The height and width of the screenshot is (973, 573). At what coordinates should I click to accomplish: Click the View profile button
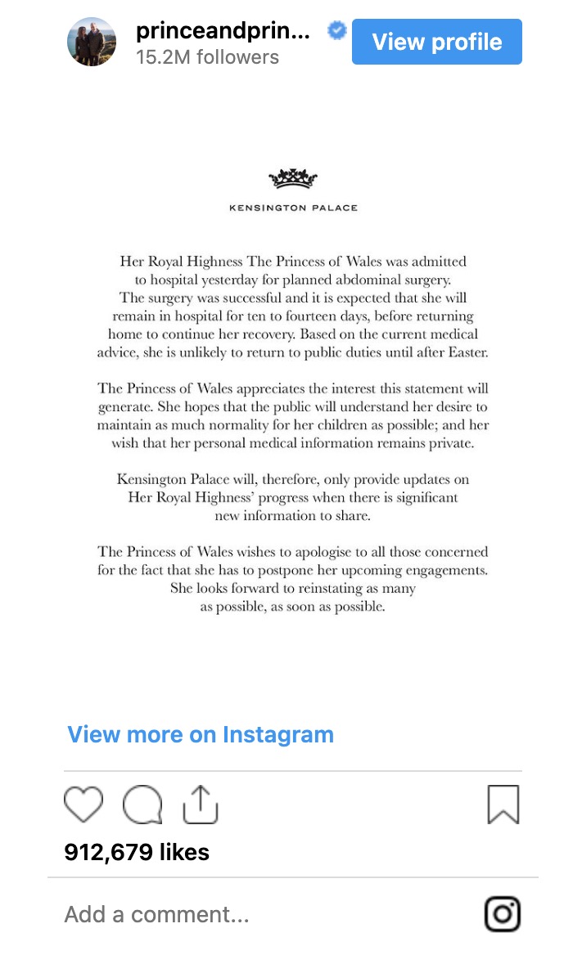point(436,42)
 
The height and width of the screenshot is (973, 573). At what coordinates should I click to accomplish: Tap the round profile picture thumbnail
point(92,42)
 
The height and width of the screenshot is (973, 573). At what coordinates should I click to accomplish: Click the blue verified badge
point(337,31)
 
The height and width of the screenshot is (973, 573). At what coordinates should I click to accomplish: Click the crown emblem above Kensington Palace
point(293,178)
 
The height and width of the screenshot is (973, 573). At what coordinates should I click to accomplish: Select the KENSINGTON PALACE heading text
point(293,208)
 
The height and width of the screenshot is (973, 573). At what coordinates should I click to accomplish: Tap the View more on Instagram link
point(201,734)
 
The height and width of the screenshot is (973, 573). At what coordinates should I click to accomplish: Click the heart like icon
point(83,805)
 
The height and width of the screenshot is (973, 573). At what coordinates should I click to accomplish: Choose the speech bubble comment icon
point(142,805)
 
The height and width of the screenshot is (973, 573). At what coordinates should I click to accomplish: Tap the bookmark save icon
point(503,805)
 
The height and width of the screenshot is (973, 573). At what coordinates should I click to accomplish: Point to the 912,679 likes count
point(137,852)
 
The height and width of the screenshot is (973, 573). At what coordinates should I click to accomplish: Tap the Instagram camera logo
point(502,914)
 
